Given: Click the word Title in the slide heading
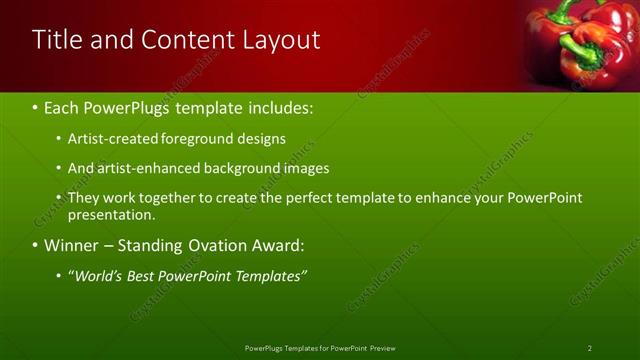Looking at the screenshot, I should pos(56,40).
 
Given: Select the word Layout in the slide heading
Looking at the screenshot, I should pos(281,40).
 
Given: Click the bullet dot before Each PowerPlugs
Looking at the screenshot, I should pos(35,106).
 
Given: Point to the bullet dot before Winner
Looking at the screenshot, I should pos(35,245).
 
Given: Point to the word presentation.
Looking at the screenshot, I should pos(110,214).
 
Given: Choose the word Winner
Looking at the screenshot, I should pos(75,245).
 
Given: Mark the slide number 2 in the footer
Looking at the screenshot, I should pos(590,348).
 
